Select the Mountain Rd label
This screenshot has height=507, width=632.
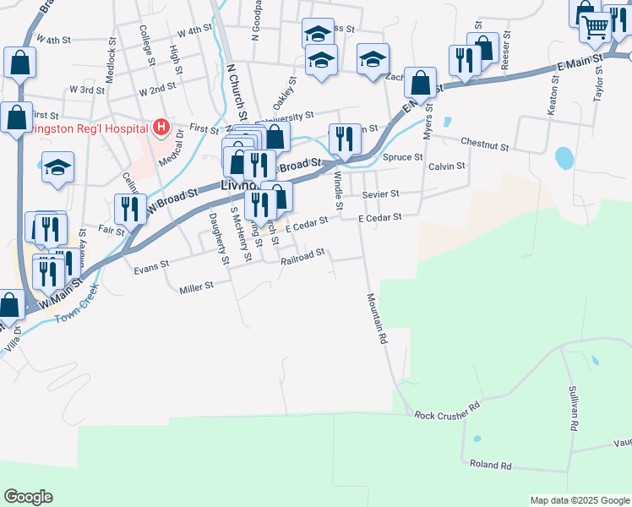[x=377, y=318]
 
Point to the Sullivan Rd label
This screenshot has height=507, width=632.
[x=573, y=411]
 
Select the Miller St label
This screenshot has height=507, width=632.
[x=197, y=289]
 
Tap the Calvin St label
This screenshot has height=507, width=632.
[x=447, y=166]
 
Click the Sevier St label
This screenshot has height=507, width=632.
[x=380, y=194]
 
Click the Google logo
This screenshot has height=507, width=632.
[x=28, y=497]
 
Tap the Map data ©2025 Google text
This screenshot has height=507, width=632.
[x=579, y=500]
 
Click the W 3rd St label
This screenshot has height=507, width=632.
[x=85, y=89]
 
